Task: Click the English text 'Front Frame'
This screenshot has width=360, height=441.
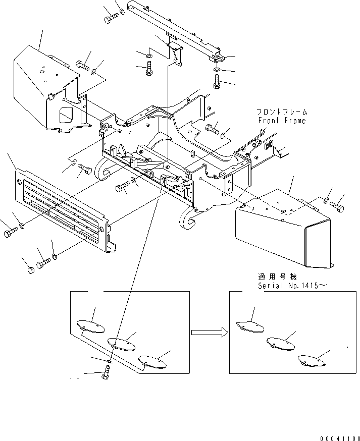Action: pos(281,121)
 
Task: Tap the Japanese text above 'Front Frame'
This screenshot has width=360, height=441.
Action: pos(281,112)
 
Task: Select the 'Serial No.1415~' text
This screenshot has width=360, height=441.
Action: pos(285,286)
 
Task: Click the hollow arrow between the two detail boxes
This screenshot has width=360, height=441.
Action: pos(209,332)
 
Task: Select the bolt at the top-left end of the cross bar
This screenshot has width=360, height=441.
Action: pos(111,19)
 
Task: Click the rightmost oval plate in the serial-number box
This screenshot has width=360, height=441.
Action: pos(312,361)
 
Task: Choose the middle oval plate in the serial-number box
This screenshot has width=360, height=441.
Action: pos(281,344)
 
